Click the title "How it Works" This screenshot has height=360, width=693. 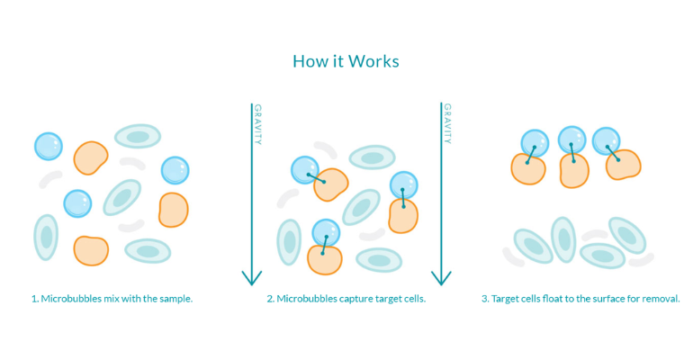coord(346,61)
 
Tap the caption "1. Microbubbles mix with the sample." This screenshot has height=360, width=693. coord(112,298)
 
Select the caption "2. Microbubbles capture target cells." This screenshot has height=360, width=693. coord(346,298)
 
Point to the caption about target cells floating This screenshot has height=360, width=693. coord(580,298)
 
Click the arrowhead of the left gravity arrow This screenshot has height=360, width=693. coord(251,277)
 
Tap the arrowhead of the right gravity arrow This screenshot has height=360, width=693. coord(441,277)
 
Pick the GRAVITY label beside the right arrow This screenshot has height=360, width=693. coord(446,124)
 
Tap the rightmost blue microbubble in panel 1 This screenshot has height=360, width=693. coord(175,169)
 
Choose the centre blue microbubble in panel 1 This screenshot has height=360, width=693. coord(77,202)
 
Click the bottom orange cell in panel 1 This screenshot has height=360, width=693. coord(90,249)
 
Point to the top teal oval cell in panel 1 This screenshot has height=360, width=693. coord(137,137)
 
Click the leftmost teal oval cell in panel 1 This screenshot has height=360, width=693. coord(46,237)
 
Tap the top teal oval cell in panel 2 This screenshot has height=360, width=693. coord(371,157)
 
